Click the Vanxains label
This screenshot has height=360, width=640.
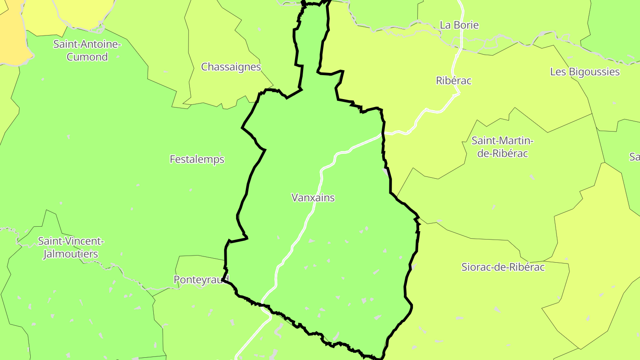pos(313,198)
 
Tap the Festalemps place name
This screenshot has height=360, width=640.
pos(197,159)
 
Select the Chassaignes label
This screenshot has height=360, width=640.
pos(231,67)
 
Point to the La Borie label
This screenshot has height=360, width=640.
pos(459,25)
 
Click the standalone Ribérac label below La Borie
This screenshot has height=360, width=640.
pos(453,81)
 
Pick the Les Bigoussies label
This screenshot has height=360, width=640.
pos(584,72)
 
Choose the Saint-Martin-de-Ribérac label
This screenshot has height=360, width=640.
pos(502,147)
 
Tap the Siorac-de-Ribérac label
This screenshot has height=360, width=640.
pos(503,267)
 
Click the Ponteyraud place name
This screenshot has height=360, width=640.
pos(200,280)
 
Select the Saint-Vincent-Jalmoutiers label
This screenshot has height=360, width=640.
pos(71,248)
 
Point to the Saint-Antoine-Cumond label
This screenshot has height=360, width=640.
pos(87,50)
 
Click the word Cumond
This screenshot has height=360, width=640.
pos(87,57)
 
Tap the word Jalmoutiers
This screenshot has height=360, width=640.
pos(70,254)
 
